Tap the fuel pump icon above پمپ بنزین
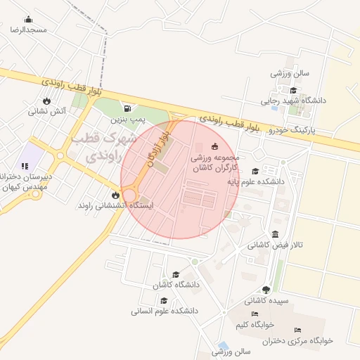point(127,108)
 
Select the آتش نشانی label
point(47,111)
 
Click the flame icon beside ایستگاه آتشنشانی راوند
point(115,195)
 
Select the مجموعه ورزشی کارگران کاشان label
point(215,164)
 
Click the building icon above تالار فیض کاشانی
point(274,234)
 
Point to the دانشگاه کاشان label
point(174,285)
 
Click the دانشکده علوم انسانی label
point(166,310)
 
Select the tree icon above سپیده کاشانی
point(266,290)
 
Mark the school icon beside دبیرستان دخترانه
point(25,167)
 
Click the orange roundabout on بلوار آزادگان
point(131,195)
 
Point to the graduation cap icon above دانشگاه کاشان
point(174,274)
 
